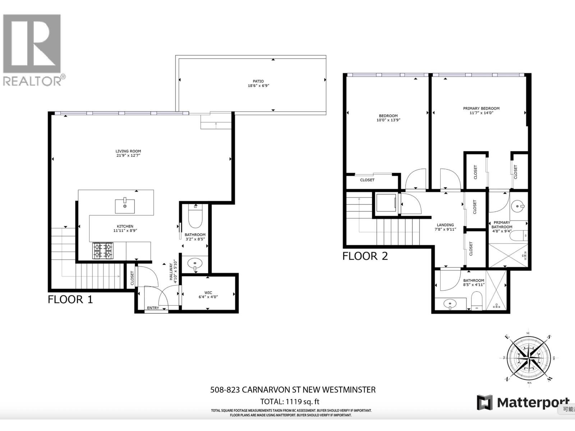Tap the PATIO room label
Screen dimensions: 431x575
pyautogui.click(x=258, y=82)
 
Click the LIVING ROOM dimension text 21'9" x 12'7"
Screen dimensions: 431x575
pyautogui.click(x=128, y=156)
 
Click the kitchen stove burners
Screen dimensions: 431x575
pyautogui.click(x=103, y=250)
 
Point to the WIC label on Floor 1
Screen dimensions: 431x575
pyautogui.click(x=208, y=292)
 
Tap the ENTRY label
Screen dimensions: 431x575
pyautogui.click(x=153, y=308)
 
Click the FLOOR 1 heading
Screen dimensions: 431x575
pyautogui.click(x=70, y=299)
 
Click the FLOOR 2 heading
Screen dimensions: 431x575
pyautogui.click(x=365, y=256)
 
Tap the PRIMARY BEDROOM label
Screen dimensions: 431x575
pyautogui.click(x=481, y=108)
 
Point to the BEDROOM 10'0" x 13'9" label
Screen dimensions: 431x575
pyautogui.click(x=388, y=118)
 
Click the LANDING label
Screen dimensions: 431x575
pyautogui.click(x=445, y=225)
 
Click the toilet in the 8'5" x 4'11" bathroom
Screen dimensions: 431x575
pyautogui.click(x=477, y=300)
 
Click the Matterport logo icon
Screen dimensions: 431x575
pyautogui.click(x=484, y=402)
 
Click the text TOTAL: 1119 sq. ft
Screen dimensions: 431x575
pyautogui.click(x=290, y=402)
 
